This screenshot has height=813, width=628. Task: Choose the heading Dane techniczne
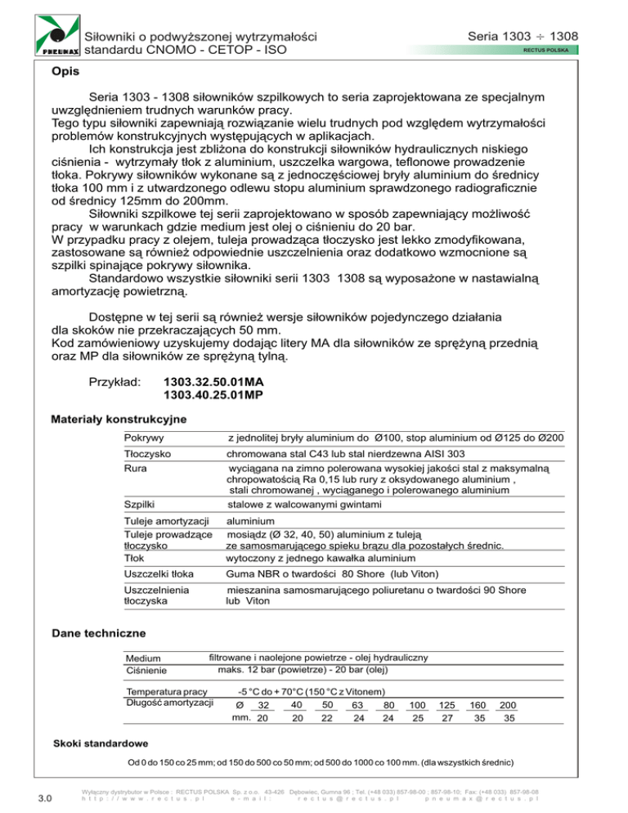[98, 632]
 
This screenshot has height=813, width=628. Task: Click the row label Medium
[143, 659]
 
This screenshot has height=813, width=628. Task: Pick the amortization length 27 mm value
[447, 719]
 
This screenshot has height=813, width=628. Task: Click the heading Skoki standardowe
[100, 745]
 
